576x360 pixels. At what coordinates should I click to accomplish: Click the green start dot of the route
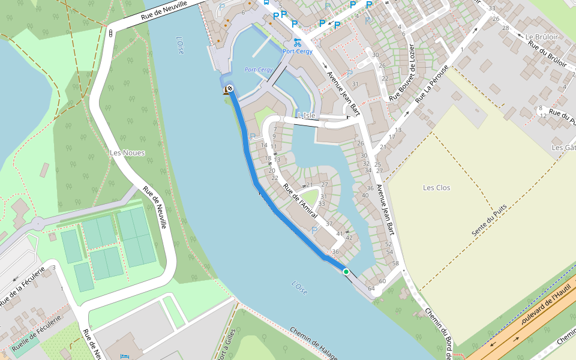[346, 272]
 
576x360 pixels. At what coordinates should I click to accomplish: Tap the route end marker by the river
[229, 89]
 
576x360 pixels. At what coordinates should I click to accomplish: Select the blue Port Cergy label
[298, 52]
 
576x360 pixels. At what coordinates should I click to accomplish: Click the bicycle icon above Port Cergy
[298, 41]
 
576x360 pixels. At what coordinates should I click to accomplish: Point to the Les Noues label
[127, 153]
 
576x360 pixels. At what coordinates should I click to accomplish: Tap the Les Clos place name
[436, 188]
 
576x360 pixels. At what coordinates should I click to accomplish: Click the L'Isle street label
[306, 115]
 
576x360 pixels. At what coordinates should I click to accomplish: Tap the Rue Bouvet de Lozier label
[402, 73]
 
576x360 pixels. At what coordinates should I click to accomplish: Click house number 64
[371, 289]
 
